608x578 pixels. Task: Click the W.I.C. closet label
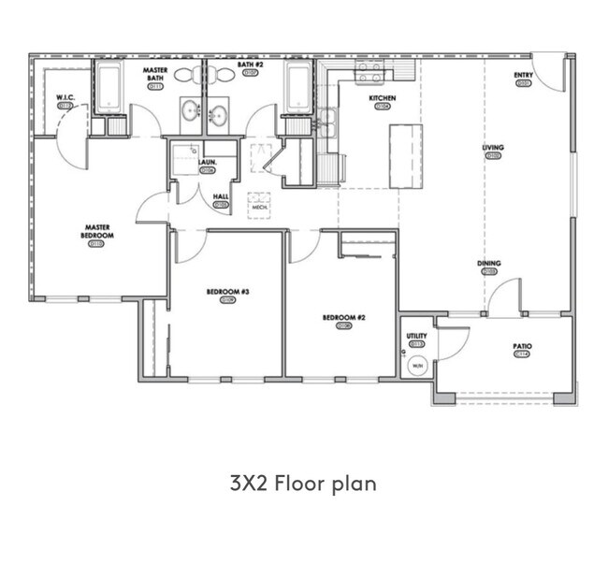pos(65,97)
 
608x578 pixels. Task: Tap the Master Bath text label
pos(155,74)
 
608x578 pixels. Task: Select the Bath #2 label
pos(249,64)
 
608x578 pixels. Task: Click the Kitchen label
pos(382,98)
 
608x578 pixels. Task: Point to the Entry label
pos(523,75)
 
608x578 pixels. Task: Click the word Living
pos(492,148)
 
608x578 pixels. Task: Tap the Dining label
pos(488,264)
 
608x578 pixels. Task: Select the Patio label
pos(522,346)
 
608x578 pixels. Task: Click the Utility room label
pos(416,336)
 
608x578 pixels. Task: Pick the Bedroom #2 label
pos(343,318)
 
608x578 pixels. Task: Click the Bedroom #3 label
pos(227,292)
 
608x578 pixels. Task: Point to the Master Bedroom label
pos(97,230)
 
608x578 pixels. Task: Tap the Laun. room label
pos(208,162)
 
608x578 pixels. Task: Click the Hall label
pos(221,196)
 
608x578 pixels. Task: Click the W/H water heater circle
pos(417,366)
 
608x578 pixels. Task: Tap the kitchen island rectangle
pos(405,155)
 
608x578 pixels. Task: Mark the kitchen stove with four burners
pos(369,72)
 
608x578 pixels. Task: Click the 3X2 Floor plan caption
pos(303,484)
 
